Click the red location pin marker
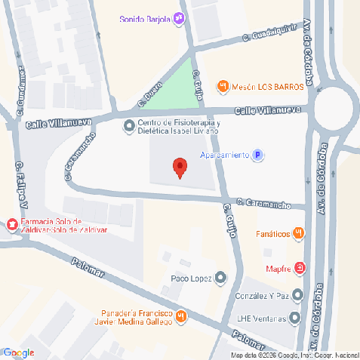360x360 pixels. click(x=180, y=167)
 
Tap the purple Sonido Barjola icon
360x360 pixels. click(x=179, y=19)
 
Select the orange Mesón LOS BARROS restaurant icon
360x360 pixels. click(x=222, y=87)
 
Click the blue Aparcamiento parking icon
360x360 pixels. click(x=258, y=155)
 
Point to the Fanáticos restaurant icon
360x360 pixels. click(x=298, y=233)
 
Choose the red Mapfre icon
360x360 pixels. click(x=300, y=268)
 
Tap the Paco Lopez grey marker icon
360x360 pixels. click(x=220, y=277)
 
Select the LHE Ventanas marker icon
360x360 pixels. click(x=297, y=317)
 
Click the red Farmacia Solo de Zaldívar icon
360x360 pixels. click(x=11, y=224)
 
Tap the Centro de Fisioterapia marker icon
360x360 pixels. click(x=129, y=125)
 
